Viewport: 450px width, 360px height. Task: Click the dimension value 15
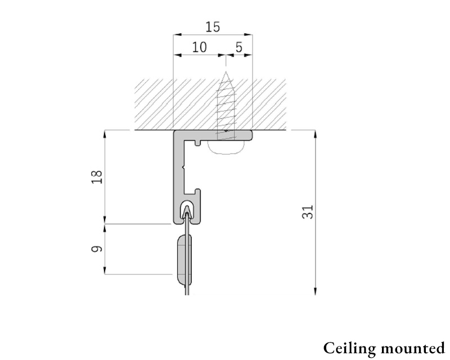coord(213,27)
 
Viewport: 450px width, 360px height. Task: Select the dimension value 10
coord(199,47)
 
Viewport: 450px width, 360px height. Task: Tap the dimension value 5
coord(239,47)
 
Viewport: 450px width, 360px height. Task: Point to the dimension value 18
coord(97,177)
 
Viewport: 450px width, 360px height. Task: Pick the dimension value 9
coord(97,249)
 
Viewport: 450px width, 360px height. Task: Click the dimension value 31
coord(307,212)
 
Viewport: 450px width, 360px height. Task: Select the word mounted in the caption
coord(413,349)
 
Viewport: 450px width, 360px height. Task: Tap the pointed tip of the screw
coord(226,71)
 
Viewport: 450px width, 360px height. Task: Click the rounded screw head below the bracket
coord(227,148)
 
